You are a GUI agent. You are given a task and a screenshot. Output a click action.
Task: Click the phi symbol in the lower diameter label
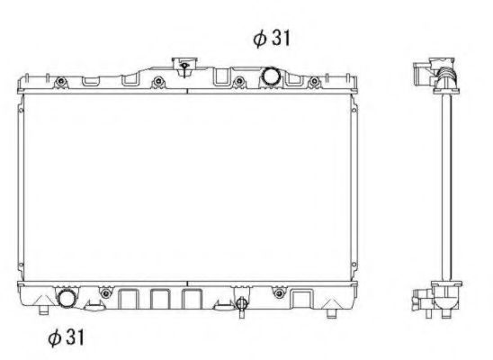(x=54, y=338)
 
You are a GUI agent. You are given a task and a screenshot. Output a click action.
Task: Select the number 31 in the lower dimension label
(x=76, y=338)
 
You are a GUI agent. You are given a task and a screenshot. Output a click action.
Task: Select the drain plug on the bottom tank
(x=240, y=304)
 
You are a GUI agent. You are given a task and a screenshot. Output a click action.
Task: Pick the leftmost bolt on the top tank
(x=60, y=84)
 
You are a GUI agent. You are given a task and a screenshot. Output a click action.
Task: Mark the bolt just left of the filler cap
(x=157, y=84)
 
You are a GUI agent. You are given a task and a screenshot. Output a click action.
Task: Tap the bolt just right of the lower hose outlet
(x=105, y=292)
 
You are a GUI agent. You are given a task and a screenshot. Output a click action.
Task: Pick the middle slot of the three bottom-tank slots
(x=160, y=300)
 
